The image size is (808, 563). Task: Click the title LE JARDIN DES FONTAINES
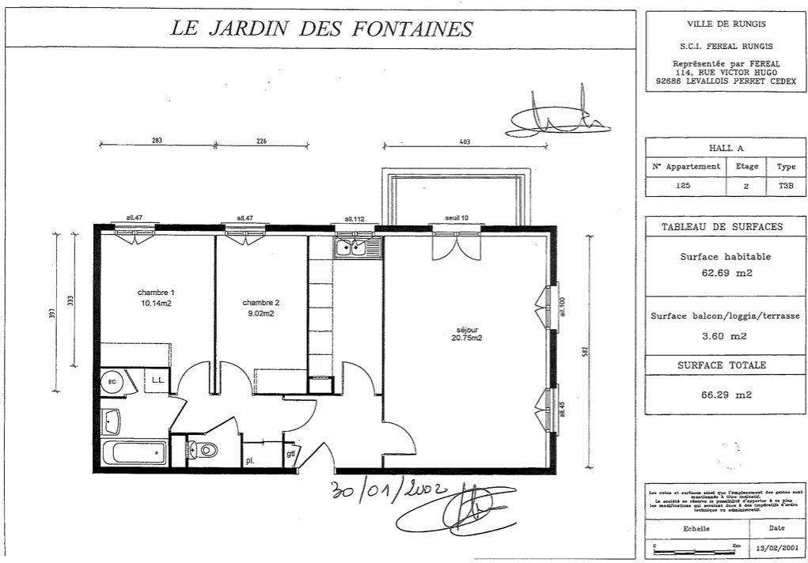[x=321, y=28]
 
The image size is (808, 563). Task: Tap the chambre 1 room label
[x=155, y=293]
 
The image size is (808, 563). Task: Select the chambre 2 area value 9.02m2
[x=260, y=313]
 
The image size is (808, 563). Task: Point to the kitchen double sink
[x=358, y=248]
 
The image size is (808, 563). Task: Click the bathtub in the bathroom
[x=135, y=454]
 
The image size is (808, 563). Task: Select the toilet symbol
[x=205, y=451]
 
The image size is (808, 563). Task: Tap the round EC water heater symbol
[x=112, y=382]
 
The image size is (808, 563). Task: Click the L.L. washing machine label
[x=157, y=380]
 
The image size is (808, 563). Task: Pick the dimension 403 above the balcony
[x=465, y=142]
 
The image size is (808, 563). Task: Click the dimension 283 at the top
[x=157, y=142]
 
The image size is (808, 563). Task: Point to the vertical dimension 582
[x=584, y=351]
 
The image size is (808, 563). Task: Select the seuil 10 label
[x=456, y=218]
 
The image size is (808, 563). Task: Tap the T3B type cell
[x=785, y=187]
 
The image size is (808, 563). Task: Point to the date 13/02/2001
[x=777, y=547]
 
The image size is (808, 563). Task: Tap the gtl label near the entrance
[x=290, y=454]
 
